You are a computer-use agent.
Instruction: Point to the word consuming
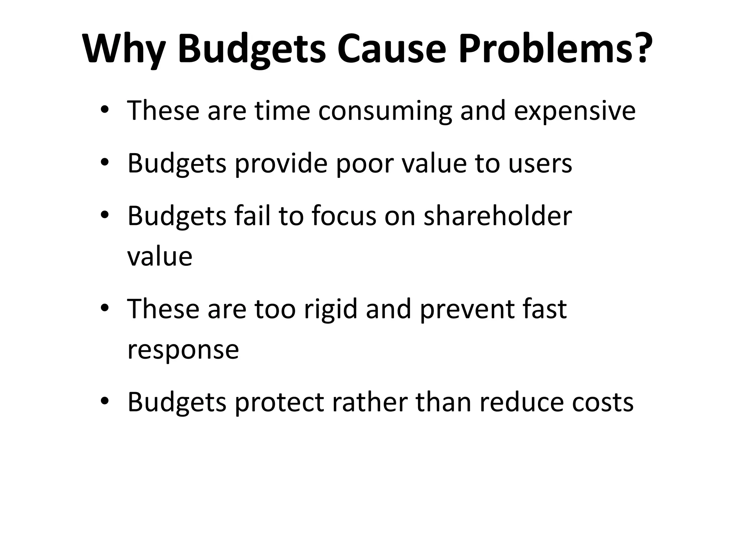[x=385, y=111]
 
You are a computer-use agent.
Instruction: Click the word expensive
[x=575, y=111]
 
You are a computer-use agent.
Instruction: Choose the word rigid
[x=331, y=309]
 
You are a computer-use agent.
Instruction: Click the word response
[x=183, y=350]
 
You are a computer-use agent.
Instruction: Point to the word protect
[x=280, y=402]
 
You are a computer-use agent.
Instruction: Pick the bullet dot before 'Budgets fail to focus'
[x=104, y=215]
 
